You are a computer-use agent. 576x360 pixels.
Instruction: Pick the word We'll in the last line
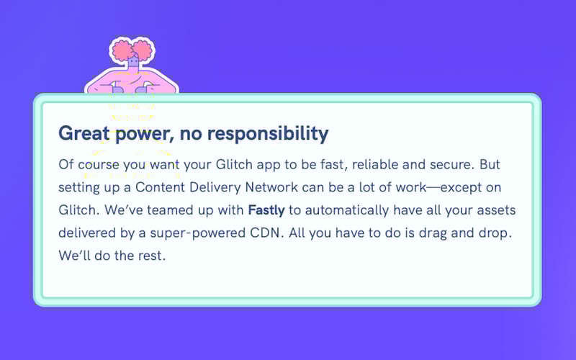(74, 256)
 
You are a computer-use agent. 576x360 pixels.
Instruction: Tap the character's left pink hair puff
(122, 52)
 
